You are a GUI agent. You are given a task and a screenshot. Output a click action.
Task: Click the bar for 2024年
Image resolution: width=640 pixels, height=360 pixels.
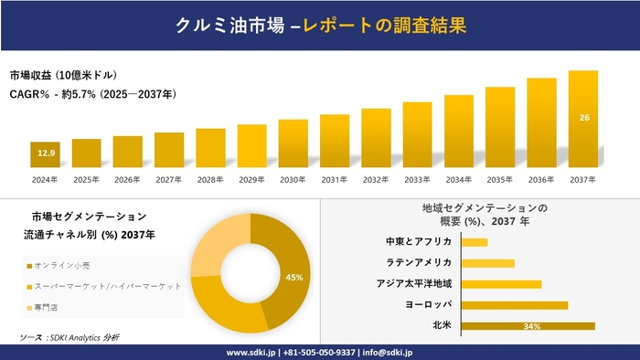45,155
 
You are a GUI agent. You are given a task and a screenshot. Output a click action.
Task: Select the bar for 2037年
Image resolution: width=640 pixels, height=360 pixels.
582,119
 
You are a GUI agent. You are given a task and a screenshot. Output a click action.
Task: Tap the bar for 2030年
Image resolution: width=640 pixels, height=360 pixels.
293,143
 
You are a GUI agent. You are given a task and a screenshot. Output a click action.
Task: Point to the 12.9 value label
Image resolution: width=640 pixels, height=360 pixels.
45,153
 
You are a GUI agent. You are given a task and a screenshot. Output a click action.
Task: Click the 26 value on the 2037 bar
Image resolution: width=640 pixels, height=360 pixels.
582,117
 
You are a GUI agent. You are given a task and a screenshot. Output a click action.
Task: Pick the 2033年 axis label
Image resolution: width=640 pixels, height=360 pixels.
417,180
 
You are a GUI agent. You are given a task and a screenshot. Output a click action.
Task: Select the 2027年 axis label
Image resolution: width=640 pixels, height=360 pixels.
169,180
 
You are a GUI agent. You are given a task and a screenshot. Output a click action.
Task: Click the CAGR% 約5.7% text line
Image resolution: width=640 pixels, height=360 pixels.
93,94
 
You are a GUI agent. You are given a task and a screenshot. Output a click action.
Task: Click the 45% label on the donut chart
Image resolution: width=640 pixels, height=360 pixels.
294,277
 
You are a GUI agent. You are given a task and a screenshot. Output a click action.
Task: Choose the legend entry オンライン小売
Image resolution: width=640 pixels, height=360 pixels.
62,265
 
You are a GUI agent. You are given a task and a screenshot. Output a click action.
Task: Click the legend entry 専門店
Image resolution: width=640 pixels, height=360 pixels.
46,307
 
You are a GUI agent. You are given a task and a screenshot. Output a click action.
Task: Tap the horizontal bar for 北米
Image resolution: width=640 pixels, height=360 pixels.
528,325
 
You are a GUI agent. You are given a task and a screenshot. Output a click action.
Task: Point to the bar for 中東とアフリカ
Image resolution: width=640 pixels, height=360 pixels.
475,242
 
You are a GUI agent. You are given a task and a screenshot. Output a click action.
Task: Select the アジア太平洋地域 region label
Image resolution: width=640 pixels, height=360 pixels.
414,283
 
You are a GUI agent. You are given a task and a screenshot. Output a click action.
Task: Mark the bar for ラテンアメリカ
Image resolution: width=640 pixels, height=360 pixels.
488,263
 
